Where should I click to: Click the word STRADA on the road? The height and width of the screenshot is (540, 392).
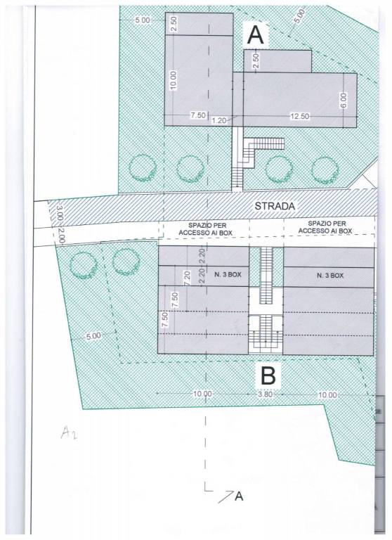click(x=275, y=206)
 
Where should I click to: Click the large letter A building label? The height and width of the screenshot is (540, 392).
click(x=256, y=35)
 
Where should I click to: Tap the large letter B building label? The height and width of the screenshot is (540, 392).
click(x=268, y=375)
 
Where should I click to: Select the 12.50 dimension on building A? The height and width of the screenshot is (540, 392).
click(x=299, y=117)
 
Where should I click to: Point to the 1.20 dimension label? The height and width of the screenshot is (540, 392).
click(x=219, y=120)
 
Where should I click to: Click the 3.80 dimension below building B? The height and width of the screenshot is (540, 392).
click(x=266, y=394)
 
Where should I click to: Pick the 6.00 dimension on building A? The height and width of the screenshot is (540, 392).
click(x=344, y=100)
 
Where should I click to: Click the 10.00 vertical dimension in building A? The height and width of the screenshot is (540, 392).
click(x=173, y=80)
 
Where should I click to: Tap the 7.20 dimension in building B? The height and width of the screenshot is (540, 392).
click(x=187, y=278)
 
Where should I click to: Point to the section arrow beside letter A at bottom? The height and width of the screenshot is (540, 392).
click(x=225, y=496)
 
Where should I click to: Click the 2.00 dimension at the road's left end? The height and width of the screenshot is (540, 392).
click(x=60, y=235)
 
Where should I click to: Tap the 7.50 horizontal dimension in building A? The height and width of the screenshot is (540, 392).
click(x=198, y=115)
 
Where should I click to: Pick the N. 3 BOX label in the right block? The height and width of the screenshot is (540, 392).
click(x=329, y=276)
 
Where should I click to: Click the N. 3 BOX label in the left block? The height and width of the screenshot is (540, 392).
click(x=228, y=275)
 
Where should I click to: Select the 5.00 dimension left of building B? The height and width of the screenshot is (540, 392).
click(x=93, y=336)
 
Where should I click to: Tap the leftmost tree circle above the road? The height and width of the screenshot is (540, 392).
click(x=143, y=169)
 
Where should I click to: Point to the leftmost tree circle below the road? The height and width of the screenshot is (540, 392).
click(x=84, y=265)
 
